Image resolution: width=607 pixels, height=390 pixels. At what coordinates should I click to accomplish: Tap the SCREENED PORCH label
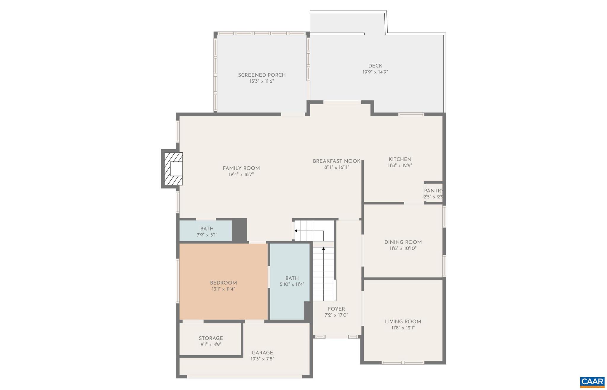click(x=262, y=75)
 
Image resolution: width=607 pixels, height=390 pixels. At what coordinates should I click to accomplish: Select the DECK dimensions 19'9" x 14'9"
click(x=375, y=72)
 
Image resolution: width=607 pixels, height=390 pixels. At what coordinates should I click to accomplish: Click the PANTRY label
click(x=433, y=191)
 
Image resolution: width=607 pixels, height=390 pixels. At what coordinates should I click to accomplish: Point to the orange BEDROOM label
click(x=223, y=283)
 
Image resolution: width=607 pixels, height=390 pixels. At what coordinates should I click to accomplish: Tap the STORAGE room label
click(x=211, y=338)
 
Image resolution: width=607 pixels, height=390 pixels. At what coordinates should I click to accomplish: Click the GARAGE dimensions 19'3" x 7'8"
click(x=262, y=359)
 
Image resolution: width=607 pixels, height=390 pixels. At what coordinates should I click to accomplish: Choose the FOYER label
click(x=336, y=309)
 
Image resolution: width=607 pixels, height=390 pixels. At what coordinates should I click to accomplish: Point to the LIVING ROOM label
click(x=403, y=322)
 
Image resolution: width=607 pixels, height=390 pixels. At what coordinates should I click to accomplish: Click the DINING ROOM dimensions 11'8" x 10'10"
click(x=403, y=248)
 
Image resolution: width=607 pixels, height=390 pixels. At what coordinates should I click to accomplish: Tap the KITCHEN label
click(x=400, y=159)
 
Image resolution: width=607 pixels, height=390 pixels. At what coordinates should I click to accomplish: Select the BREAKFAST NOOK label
click(x=336, y=161)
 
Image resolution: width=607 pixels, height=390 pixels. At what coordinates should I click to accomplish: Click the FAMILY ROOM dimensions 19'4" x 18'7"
click(x=241, y=175)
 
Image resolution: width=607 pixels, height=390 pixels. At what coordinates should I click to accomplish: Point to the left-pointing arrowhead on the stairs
click(x=296, y=231)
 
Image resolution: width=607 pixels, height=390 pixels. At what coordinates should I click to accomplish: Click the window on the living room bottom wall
click(x=402, y=362)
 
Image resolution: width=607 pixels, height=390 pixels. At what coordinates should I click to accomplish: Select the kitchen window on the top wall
click(x=411, y=114)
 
